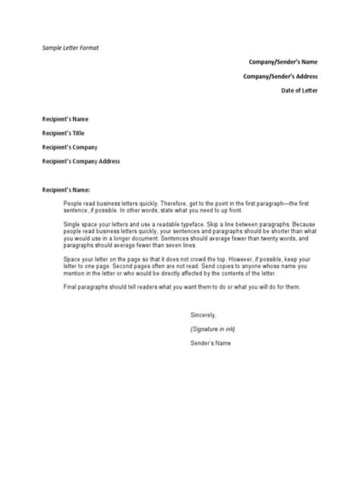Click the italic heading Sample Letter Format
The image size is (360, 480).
(71, 47)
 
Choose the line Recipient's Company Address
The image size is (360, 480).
(81, 161)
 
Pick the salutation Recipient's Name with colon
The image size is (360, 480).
(66, 189)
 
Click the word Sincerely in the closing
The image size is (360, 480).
(204, 314)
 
